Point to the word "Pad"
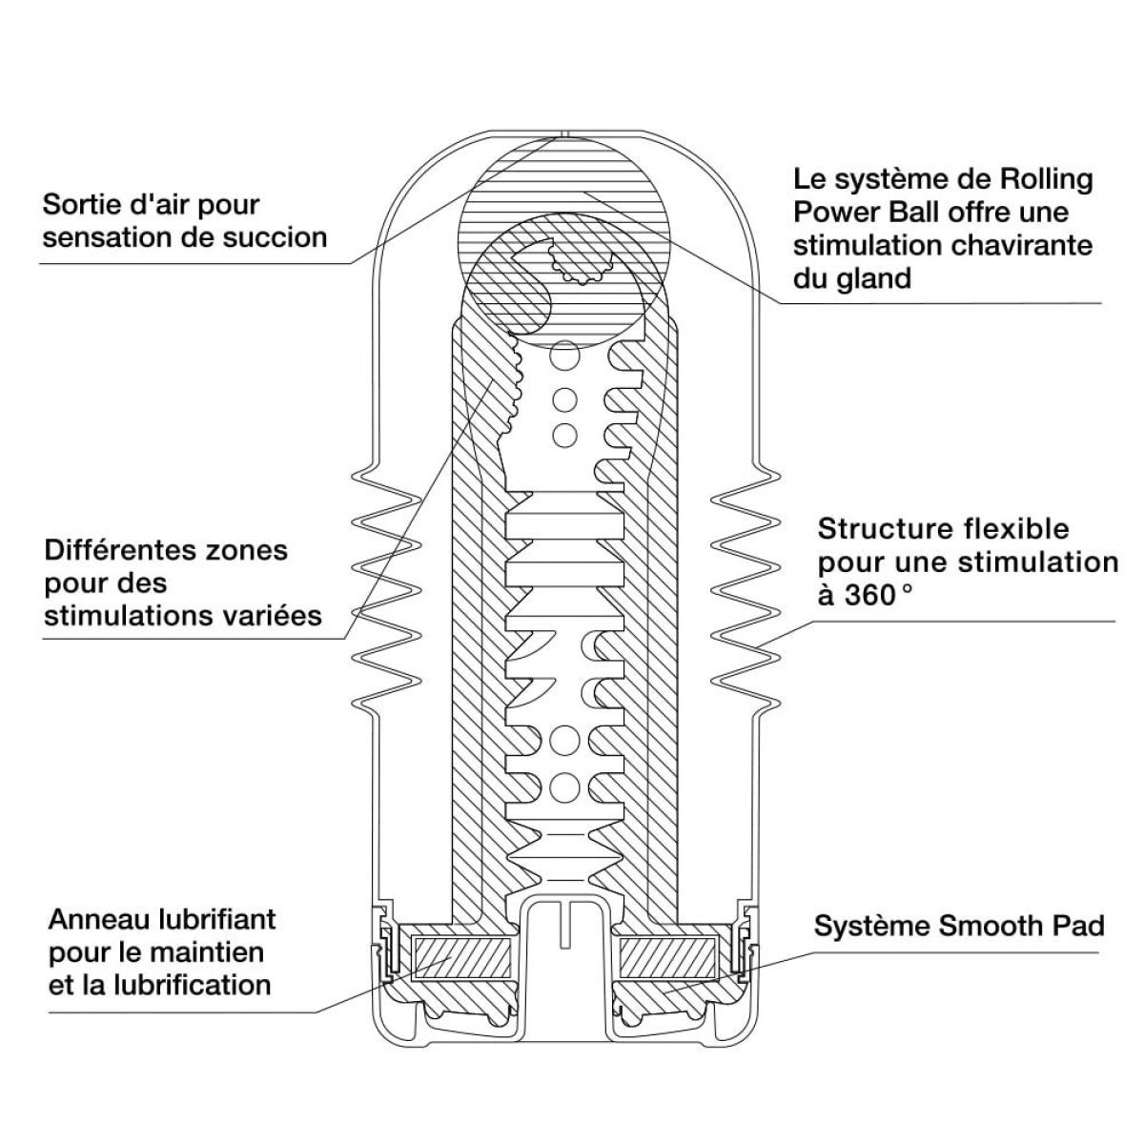tap(1080, 926)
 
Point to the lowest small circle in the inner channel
tap(564, 784)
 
